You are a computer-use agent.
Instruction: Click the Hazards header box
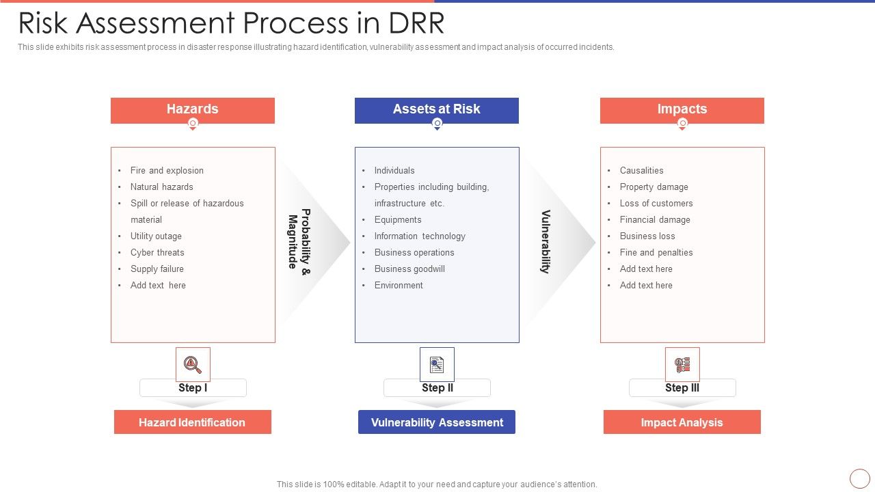coord(192,109)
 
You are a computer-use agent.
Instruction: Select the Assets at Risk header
coord(436,109)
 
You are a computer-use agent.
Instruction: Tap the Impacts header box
coord(682,109)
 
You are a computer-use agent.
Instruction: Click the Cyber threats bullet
coord(157,252)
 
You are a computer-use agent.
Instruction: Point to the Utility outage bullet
coord(156,236)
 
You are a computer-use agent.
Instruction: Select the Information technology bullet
coord(420,236)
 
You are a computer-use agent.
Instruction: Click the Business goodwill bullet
coord(409,269)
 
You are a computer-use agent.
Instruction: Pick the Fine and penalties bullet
coord(656,252)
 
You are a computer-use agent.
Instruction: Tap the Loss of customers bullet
coord(656,203)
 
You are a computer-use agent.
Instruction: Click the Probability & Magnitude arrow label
coord(299,239)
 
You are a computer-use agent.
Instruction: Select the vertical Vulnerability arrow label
coord(545,242)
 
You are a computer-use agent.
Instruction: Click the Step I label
coord(193,387)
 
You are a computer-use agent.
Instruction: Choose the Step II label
coord(437,387)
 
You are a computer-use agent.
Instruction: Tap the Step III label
coord(682,387)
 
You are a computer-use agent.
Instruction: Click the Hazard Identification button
coord(192,422)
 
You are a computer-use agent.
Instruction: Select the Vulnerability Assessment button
coord(437,422)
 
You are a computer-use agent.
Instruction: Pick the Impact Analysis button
coord(682,422)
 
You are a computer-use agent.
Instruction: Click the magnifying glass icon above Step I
coord(193,364)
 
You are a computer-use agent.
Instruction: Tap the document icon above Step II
coord(437,364)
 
